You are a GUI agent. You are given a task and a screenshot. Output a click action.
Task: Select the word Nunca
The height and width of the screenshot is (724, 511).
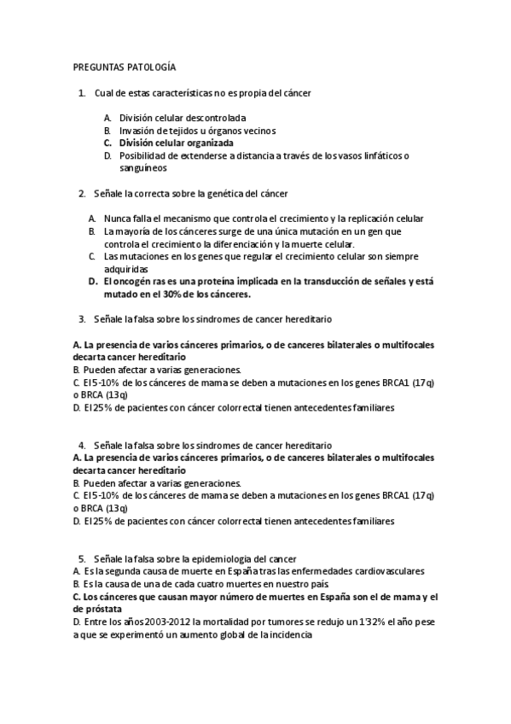(x=117, y=219)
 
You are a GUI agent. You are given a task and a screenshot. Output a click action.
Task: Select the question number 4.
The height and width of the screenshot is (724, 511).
(x=81, y=445)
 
